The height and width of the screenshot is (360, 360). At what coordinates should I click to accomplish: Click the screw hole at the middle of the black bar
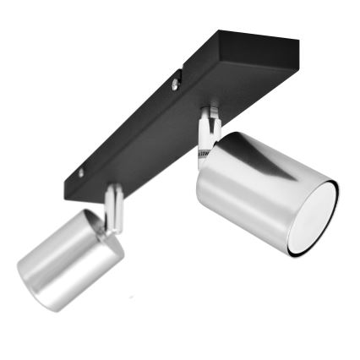point(176,84)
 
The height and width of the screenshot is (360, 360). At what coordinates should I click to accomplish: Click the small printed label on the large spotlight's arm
point(203,154)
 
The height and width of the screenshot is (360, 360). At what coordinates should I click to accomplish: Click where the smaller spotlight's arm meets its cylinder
point(108,226)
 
